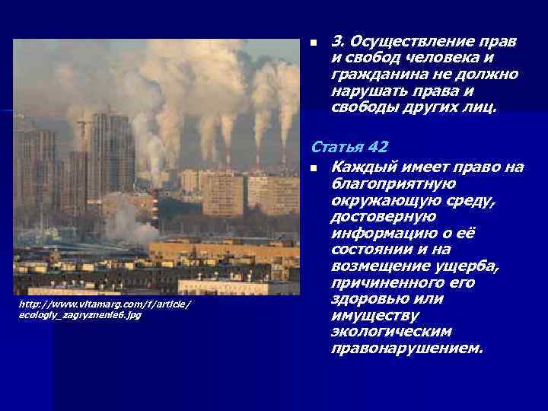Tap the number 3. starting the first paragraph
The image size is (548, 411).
[339, 41]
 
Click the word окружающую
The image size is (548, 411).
[380, 200]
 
